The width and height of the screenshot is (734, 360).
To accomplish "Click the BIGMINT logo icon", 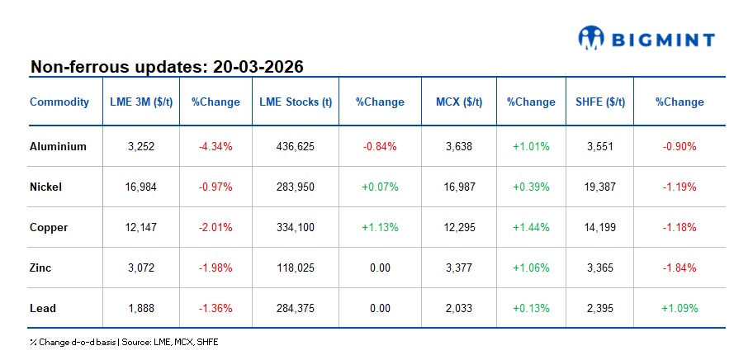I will [592, 36].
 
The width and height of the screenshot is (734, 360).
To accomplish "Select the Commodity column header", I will [59, 102].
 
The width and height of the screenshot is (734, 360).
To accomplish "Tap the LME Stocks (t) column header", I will [296, 102].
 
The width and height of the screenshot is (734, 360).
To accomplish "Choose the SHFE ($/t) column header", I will [599, 102].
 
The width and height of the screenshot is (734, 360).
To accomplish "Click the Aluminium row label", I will [58, 147].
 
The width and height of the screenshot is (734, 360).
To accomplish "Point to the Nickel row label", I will [45, 187].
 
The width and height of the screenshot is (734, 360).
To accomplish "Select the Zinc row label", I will [42, 268].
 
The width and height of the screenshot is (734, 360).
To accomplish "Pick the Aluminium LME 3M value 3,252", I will [141, 147].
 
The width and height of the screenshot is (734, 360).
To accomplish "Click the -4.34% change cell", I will [215, 147].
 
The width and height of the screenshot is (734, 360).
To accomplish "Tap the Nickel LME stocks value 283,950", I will [296, 187].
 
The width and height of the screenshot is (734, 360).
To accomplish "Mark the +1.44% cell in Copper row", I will [531, 228].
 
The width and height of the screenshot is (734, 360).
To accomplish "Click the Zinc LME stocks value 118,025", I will [296, 268].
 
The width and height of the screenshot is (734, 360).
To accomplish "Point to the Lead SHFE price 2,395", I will [599, 309].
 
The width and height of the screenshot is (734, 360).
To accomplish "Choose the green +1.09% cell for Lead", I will [680, 309].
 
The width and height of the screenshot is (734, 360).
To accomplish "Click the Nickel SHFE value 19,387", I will [599, 187].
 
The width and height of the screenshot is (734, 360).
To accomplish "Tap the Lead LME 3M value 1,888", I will [141, 309].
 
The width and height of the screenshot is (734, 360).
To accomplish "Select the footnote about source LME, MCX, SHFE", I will [124, 341].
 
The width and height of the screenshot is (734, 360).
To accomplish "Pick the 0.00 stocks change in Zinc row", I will [380, 268].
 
